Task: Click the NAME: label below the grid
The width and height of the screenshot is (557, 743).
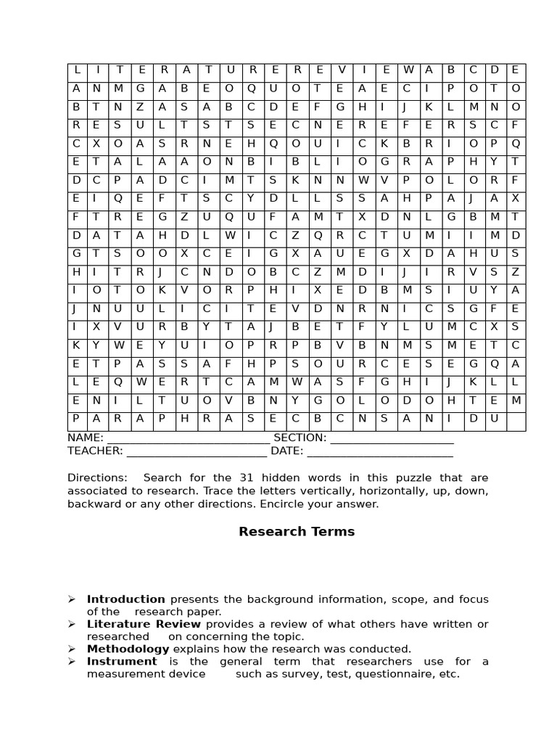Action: pos(86,438)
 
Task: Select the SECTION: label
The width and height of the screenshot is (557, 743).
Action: pos(300,438)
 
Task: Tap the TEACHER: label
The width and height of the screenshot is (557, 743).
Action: pos(95,451)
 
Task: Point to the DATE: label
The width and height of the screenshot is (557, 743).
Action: pos(287,451)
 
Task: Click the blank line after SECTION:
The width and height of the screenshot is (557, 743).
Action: pos(392,440)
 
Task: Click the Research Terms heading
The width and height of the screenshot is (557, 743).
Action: pos(297,532)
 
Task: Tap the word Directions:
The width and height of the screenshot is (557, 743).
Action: pos(97,477)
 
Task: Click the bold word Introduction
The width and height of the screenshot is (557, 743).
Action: pos(126,599)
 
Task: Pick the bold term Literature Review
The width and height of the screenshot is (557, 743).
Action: pos(144,624)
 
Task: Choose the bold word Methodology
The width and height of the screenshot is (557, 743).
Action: pos(128,649)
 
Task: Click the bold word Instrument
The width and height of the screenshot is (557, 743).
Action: pos(122,661)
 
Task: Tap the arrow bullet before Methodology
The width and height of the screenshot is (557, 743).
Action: pos(72,649)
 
